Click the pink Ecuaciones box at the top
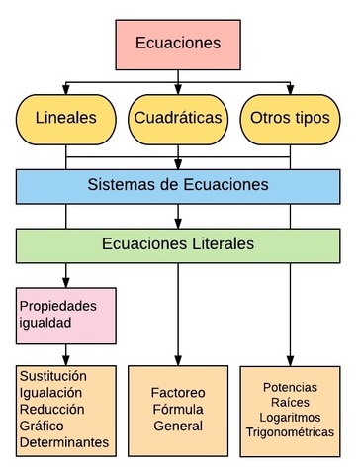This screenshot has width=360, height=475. [178, 45]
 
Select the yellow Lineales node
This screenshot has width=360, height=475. [65, 117]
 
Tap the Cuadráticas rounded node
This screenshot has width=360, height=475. [178, 117]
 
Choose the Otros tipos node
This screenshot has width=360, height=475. [290, 117]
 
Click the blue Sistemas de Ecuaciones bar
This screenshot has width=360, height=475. [178, 184]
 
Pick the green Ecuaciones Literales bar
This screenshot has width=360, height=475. [178, 243]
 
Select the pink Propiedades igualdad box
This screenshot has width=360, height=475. [65, 314]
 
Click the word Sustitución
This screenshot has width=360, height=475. [53, 377]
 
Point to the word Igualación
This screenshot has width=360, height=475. [50, 393]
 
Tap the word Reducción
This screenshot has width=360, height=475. [50, 410]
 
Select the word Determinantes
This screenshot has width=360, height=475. [63, 442]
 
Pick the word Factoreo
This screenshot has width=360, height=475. [178, 392]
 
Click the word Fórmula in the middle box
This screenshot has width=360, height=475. [178, 409]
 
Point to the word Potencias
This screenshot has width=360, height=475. [290, 385]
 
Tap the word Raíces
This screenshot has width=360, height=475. [290, 401]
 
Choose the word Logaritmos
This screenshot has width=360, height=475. [290, 417]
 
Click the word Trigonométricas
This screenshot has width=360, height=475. [290, 432]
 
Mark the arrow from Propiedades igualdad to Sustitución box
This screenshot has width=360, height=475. [65, 353]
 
